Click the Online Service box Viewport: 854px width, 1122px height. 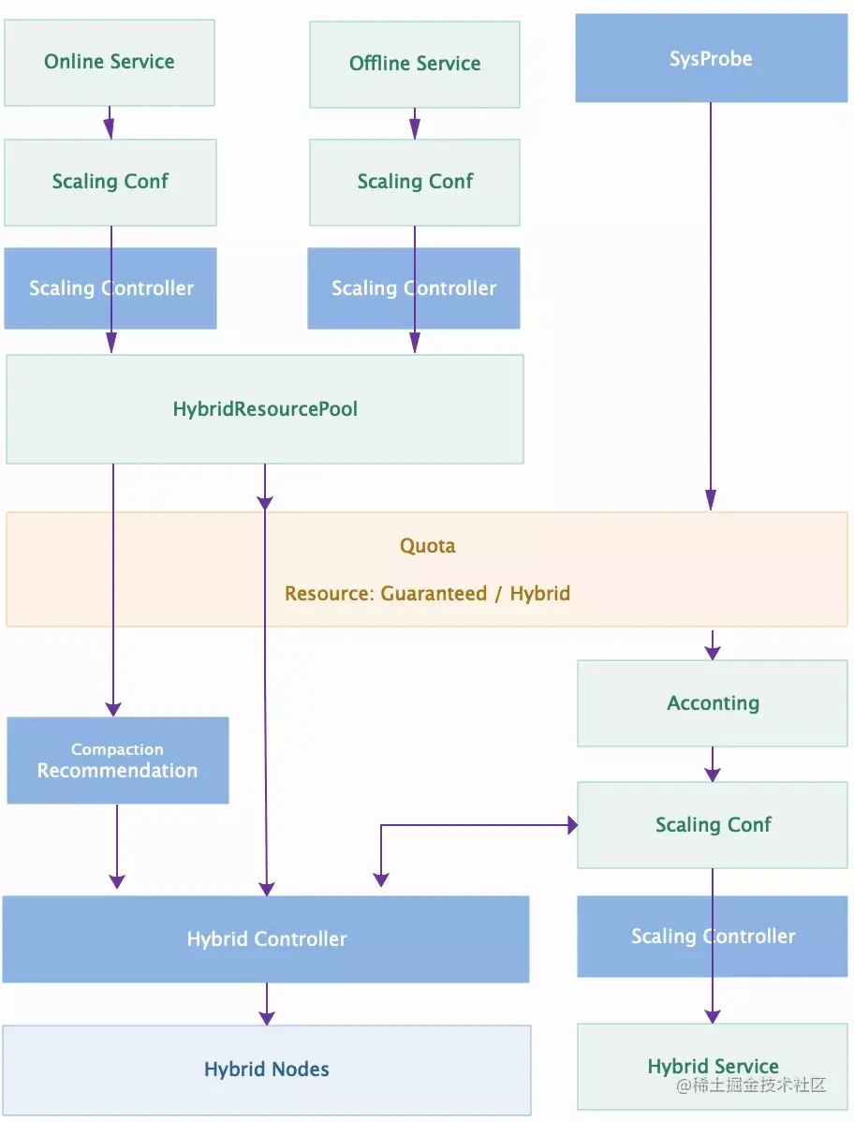pyautogui.click(x=110, y=62)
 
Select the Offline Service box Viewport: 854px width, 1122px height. pyautogui.click(x=415, y=64)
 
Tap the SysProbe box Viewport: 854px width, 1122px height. pyautogui.click(x=711, y=59)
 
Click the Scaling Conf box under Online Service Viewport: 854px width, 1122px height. pyautogui.click(x=110, y=182)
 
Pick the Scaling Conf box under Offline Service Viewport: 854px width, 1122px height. pyautogui.click(x=415, y=182)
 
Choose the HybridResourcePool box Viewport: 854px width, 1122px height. pyautogui.click(x=265, y=409)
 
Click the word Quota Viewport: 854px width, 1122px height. pyautogui.click(x=428, y=546)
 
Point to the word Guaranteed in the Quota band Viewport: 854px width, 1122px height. pyautogui.click(x=434, y=594)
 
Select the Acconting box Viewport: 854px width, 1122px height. pyautogui.click(x=713, y=703)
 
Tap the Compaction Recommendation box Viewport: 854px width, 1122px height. pyautogui.click(x=117, y=760)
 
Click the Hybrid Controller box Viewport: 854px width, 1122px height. pyautogui.click(x=266, y=939)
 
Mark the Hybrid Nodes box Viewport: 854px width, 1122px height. pyautogui.click(x=266, y=1070)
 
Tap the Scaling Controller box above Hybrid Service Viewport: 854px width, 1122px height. pyautogui.click(x=655, y=937)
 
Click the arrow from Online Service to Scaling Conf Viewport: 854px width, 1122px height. pyautogui.click(x=110, y=123)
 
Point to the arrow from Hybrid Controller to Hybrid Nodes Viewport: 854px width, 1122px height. pyautogui.click(x=267, y=1003)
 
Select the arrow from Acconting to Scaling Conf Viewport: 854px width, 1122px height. pyautogui.click(x=713, y=764)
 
